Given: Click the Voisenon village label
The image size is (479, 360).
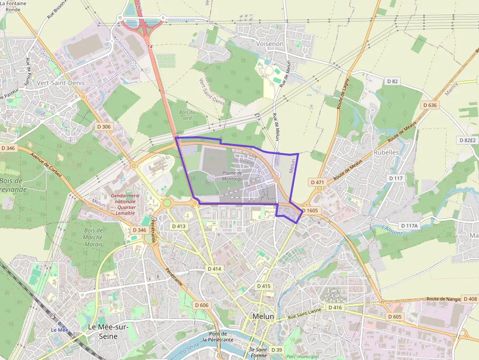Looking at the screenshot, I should [270, 43].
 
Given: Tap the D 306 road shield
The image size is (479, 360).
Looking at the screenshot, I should [104, 127].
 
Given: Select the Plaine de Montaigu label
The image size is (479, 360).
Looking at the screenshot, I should [232, 176].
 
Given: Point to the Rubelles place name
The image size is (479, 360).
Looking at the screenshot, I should [386, 152].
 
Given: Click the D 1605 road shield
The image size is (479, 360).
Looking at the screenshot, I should [310, 211].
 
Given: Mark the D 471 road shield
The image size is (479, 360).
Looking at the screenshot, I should [317, 182].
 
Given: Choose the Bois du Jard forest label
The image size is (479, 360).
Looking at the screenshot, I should [186, 115].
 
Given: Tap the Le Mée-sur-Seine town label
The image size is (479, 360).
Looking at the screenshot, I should [108, 331].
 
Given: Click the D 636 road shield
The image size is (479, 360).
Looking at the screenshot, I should [430, 105].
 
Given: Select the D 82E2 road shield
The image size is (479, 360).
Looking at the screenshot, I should [467, 140].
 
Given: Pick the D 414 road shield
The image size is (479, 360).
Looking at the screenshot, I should [214, 269].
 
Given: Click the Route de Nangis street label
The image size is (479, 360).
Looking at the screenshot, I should [443, 299].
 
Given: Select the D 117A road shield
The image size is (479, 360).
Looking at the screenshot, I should [409, 226].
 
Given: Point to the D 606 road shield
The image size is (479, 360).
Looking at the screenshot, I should [201, 305].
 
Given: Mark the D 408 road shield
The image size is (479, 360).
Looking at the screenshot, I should [469, 299].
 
